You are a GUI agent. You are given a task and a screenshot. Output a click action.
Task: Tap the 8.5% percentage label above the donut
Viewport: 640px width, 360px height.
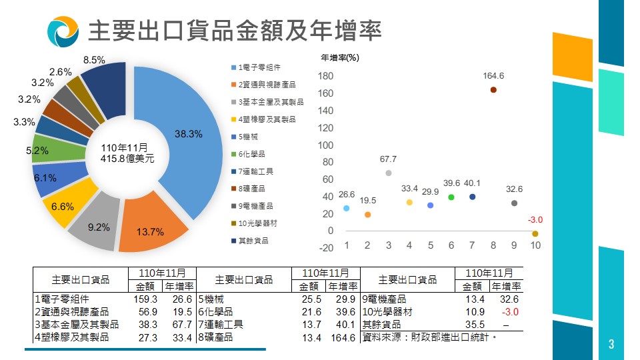(x=93, y=60)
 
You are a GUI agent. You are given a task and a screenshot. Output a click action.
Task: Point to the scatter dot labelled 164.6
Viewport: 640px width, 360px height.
(x=493, y=90)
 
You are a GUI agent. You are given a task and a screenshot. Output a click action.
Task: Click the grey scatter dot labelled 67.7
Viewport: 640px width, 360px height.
(x=389, y=173)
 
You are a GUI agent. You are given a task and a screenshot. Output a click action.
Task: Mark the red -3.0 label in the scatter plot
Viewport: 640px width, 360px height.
(x=535, y=220)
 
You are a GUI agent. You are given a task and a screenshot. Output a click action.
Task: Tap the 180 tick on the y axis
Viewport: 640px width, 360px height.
(x=325, y=76)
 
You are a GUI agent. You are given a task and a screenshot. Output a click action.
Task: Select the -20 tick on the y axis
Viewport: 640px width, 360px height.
(x=325, y=248)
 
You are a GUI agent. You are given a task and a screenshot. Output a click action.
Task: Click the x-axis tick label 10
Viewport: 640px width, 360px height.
(x=535, y=245)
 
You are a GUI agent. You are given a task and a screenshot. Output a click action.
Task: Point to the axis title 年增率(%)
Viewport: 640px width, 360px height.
(x=340, y=57)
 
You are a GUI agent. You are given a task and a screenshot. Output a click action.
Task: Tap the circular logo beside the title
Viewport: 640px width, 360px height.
(x=63, y=31)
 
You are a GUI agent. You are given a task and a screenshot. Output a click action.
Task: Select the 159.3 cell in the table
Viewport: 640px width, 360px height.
(x=145, y=299)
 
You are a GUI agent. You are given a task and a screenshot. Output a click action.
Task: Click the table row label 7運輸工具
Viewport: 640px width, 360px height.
(x=221, y=325)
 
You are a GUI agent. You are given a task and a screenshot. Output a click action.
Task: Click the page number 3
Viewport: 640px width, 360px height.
(x=611, y=345)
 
